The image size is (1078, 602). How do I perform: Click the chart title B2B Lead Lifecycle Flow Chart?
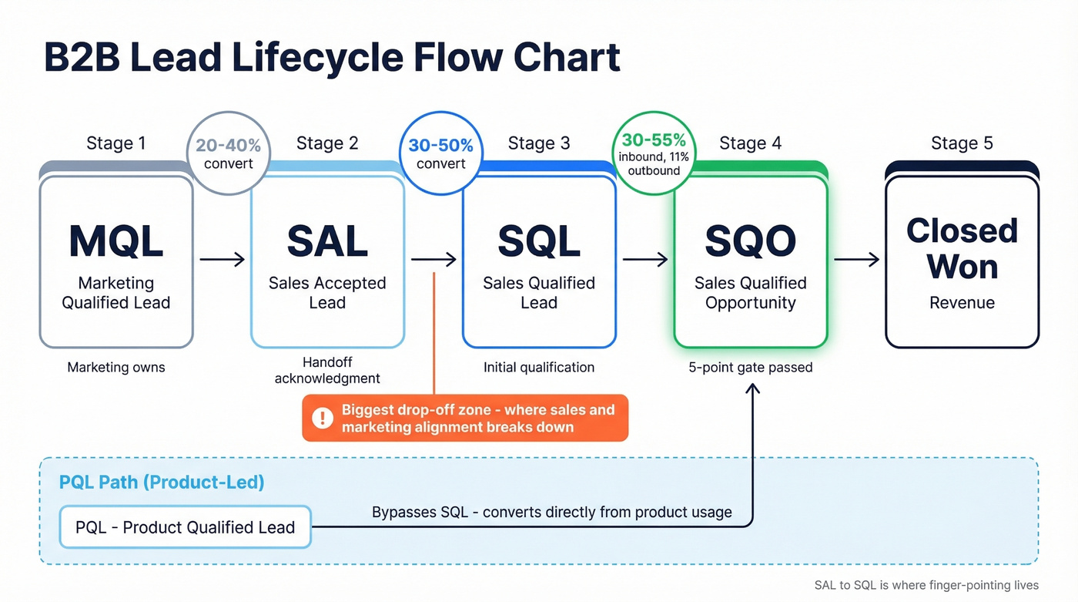coord(332,58)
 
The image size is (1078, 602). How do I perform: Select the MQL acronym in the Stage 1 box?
coord(115,241)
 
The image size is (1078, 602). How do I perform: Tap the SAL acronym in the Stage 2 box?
coord(327,241)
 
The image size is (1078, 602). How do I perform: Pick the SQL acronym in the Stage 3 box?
coord(539,241)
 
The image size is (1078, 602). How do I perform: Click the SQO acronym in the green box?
coord(750,241)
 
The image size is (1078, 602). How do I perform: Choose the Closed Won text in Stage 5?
coord(962,248)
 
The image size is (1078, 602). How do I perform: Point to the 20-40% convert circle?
coord(228,153)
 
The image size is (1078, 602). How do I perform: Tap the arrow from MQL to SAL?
coord(222,260)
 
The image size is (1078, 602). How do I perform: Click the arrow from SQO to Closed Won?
coord(856,260)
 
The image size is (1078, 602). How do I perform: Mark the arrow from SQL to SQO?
coord(644,260)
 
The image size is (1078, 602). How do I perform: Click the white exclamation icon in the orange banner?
coord(321,419)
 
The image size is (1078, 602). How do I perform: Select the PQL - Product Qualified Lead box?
coord(185,527)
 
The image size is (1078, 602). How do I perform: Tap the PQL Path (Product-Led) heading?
coord(162,483)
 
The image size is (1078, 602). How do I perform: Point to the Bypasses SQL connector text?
coord(551,513)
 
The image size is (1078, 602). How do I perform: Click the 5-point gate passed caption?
coord(750,368)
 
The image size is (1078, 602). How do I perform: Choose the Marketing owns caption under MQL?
coord(115,368)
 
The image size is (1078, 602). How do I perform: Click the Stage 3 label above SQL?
coord(539,143)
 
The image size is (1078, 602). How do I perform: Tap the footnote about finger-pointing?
coord(926,585)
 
